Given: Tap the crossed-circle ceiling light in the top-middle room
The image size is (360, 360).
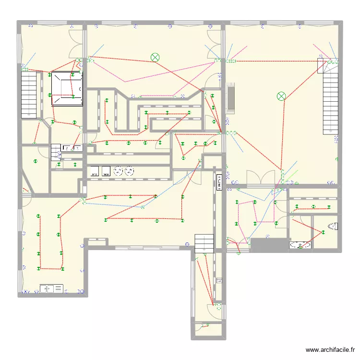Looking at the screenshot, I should (155, 57).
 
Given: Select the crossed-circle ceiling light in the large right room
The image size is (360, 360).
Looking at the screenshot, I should (281, 96).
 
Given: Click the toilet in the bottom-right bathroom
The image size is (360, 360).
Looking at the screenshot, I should (333, 225).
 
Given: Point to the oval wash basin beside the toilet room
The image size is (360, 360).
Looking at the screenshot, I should (300, 245).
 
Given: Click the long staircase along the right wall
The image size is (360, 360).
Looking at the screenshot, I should (330, 98).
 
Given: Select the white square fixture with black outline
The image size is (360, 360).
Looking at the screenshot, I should (67, 89).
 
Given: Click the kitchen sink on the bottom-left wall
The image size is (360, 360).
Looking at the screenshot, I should (51, 288).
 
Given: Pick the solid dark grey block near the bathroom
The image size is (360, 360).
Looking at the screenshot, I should (269, 245).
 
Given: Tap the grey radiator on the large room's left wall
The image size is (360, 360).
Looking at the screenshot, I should (231, 97).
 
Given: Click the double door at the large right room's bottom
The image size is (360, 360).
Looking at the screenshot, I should (260, 178).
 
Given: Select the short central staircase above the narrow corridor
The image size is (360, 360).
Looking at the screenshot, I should (204, 242).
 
